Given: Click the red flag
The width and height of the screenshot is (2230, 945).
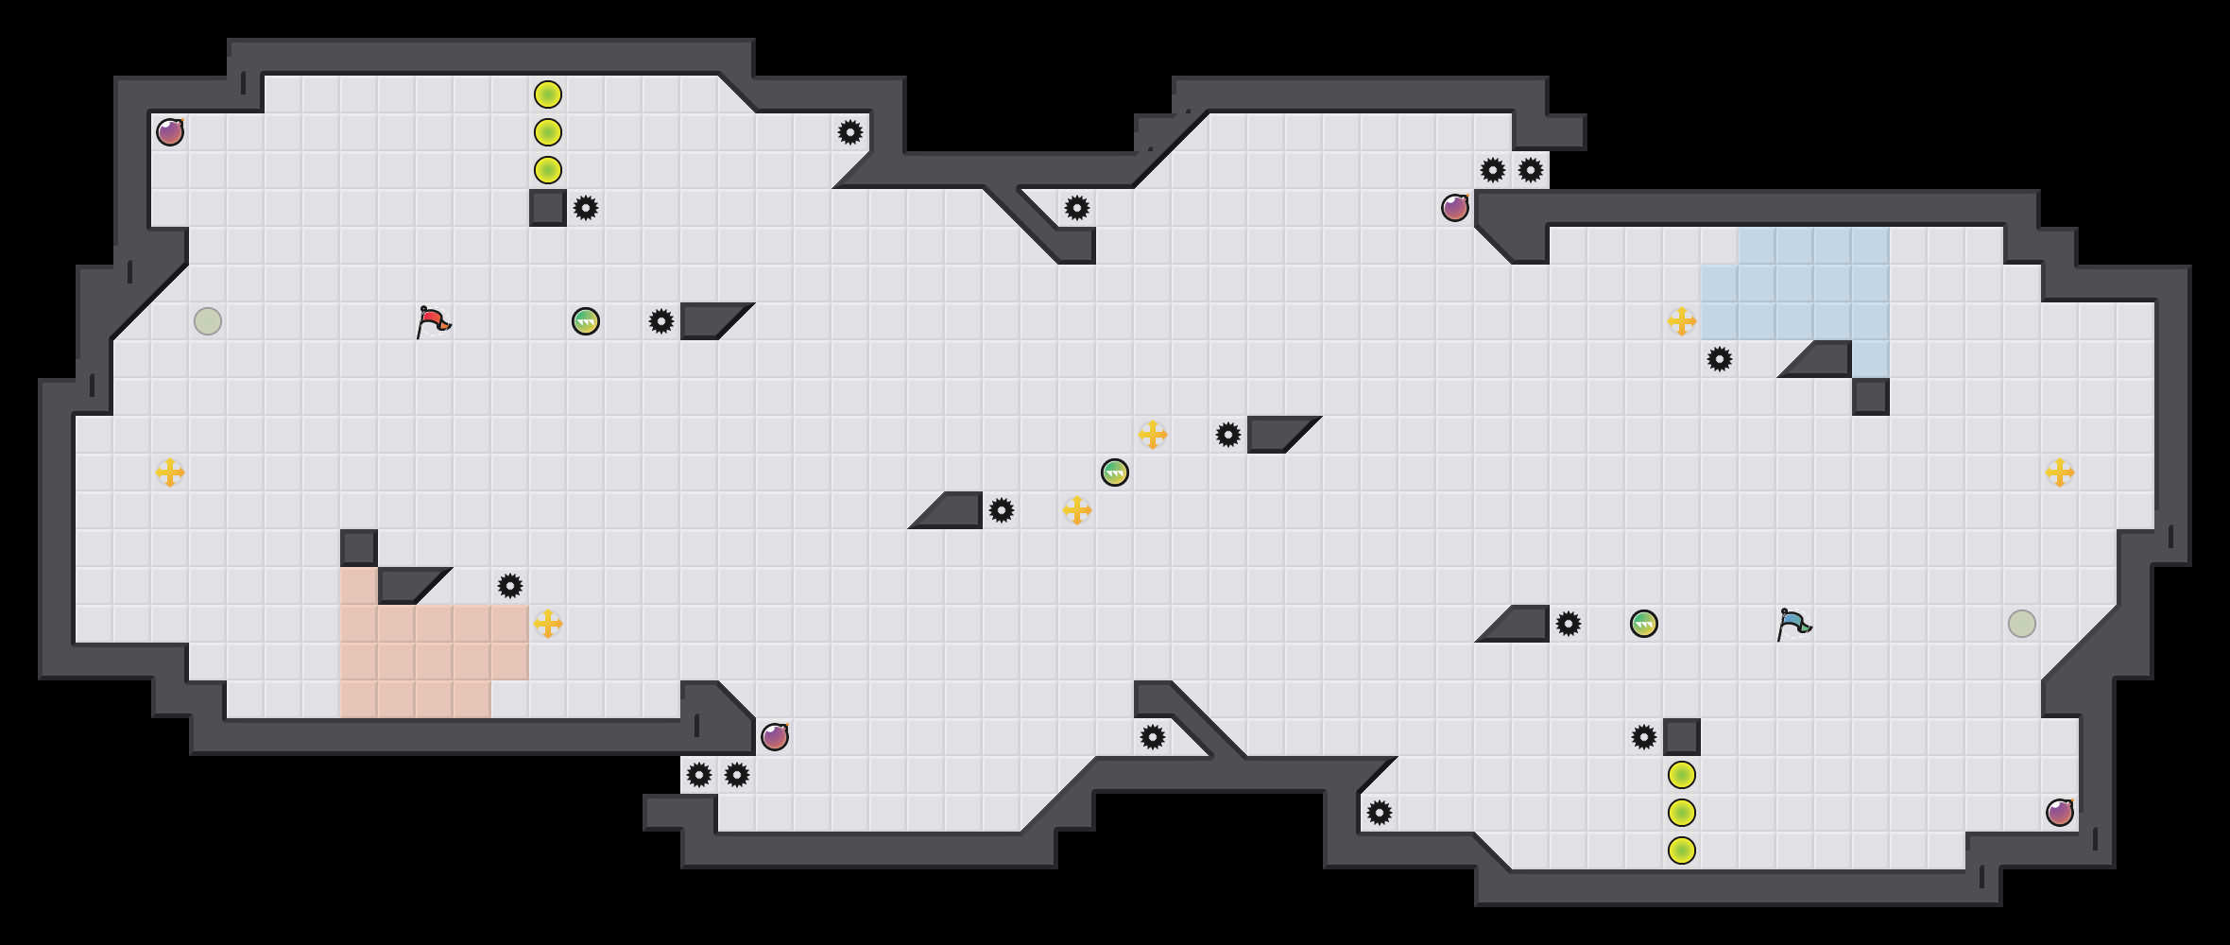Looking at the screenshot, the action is click(x=433, y=321).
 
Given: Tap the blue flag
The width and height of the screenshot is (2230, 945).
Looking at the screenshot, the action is click(x=1793, y=624).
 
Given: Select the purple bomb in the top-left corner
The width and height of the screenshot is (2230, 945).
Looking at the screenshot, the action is click(x=170, y=132).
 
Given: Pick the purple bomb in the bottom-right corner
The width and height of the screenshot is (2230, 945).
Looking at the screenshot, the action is click(x=2060, y=813).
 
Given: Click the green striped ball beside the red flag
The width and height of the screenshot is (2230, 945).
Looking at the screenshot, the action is click(x=586, y=321).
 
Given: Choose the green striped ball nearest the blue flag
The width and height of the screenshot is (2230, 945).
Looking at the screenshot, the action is click(x=1644, y=624).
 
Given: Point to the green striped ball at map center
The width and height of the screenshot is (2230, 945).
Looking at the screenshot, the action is click(x=1115, y=472).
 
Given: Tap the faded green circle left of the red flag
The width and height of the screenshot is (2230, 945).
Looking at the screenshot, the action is click(x=208, y=321).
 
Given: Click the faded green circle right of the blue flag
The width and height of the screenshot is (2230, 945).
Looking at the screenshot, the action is click(x=2022, y=624).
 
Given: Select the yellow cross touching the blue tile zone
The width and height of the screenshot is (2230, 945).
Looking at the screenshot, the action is click(x=1682, y=321).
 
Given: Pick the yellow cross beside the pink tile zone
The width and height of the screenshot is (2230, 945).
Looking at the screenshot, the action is click(x=548, y=624).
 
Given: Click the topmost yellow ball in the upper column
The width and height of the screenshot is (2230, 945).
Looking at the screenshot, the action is click(x=548, y=94).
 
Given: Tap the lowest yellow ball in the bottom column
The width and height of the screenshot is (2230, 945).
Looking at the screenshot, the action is click(x=1682, y=850).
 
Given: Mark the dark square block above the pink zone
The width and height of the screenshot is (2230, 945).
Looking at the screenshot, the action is click(x=359, y=548).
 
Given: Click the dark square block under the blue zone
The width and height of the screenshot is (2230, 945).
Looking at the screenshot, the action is click(x=1871, y=397).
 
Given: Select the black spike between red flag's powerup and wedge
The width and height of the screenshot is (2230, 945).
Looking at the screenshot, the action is click(x=661, y=321).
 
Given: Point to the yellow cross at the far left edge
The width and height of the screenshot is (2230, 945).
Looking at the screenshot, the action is click(x=170, y=472).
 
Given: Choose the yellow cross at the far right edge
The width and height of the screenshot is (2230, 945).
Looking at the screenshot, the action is click(x=2060, y=472).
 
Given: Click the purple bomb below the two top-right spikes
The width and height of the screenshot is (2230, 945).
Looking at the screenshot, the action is click(x=1455, y=208).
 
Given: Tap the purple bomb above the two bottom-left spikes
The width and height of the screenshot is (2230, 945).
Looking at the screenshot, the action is click(x=775, y=737).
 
